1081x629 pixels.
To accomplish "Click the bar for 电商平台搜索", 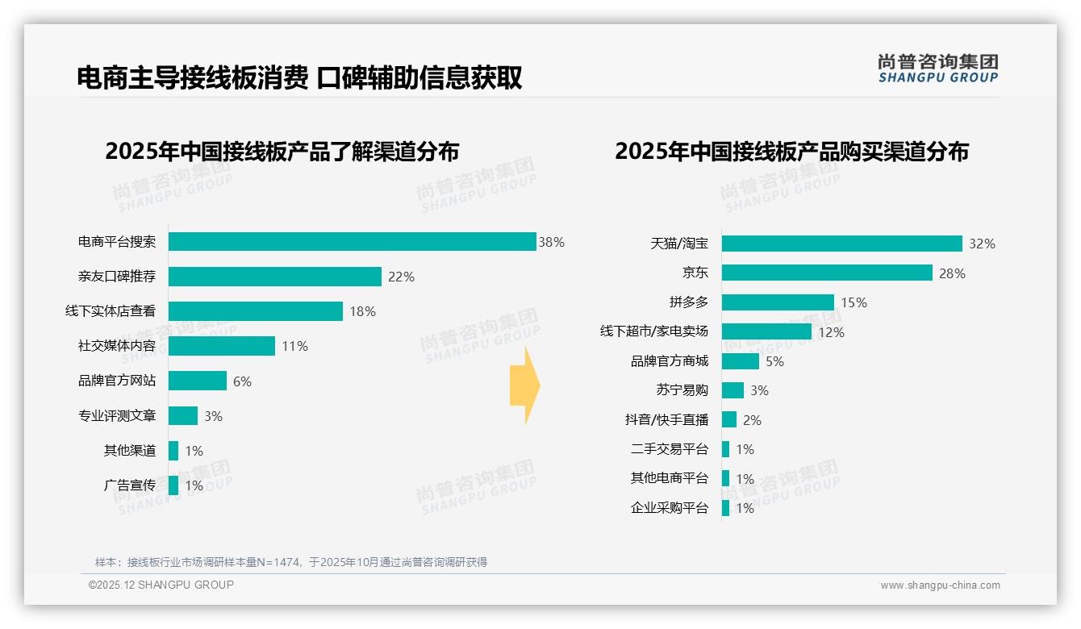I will pyautogui.click(x=352, y=242).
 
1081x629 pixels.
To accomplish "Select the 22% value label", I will pyautogui.click(x=401, y=277).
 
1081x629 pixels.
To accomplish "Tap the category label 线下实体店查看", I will pyautogui.click(x=111, y=311).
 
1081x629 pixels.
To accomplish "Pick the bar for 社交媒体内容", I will pyautogui.click(x=222, y=346).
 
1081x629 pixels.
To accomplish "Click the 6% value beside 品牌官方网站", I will pyautogui.click(x=242, y=381).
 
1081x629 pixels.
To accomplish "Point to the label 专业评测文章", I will pyautogui.click(x=117, y=416).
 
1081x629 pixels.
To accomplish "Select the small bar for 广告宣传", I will pyautogui.click(x=173, y=485).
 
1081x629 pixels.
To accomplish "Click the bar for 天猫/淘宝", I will pyautogui.click(x=841, y=244).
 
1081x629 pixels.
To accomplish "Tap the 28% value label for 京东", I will pyautogui.click(x=952, y=273).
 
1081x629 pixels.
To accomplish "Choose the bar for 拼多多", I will pyautogui.click(x=778, y=302).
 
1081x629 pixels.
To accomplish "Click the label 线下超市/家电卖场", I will pyautogui.click(x=654, y=331).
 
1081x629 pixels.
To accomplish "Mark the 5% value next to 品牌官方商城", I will pyautogui.click(x=774, y=361).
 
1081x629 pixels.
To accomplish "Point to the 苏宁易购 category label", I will pyautogui.click(x=682, y=390).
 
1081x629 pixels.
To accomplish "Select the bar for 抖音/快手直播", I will pyautogui.click(x=729, y=419).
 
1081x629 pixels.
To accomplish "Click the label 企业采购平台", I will pyautogui.click(x=670, y=508).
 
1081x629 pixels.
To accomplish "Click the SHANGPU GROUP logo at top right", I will pyautogui.click(x=938, y=68).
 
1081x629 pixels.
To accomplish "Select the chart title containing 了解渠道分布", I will pyautogui.click(x=282, y=151).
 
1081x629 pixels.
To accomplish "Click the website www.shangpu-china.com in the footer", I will pyautogui.click(x=940, y=585).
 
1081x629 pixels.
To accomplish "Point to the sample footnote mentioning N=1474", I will pyautogui.click(x=291, y=562).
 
